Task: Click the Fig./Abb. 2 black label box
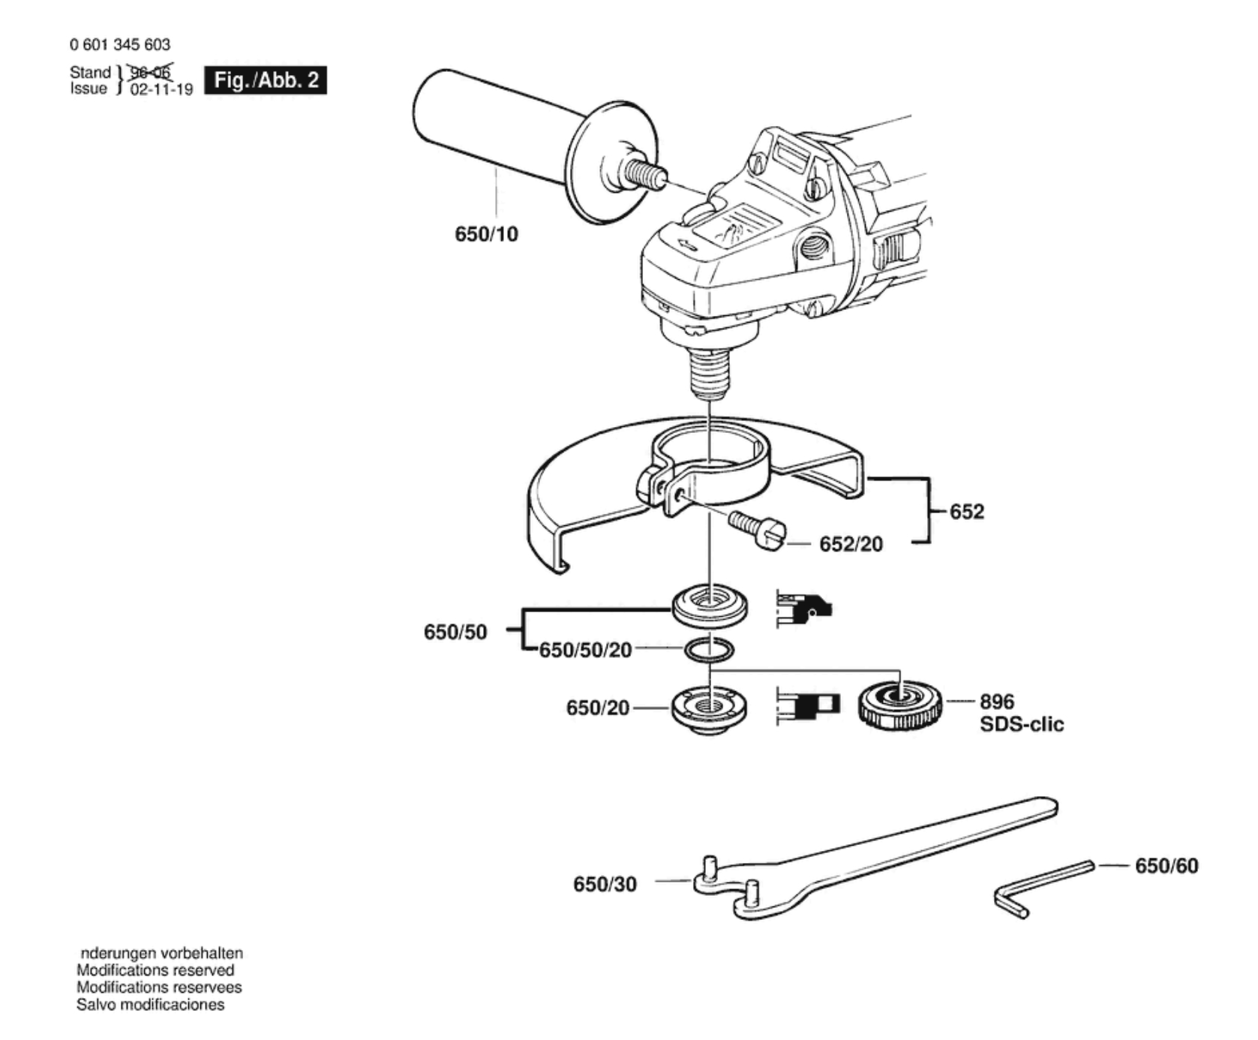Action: tap(266, 80)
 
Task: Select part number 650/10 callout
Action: tap(486, 234)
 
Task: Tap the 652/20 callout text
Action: tap(851, 544)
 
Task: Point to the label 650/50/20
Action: tap(585, 650)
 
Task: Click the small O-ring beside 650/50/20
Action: tap(709, 649)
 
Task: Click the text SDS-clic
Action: tap(1021, 724)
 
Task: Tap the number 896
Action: tap(996, 702)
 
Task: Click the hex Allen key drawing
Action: tap(1043, 885)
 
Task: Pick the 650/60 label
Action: tap(1166, 866)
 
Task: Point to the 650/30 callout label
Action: tap(605, 884)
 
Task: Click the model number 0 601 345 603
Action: tap(120, 45)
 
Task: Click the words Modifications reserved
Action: tap(155, 970)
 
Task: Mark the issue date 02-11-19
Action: tap(161, 89)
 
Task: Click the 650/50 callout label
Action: tap(455, 632)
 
